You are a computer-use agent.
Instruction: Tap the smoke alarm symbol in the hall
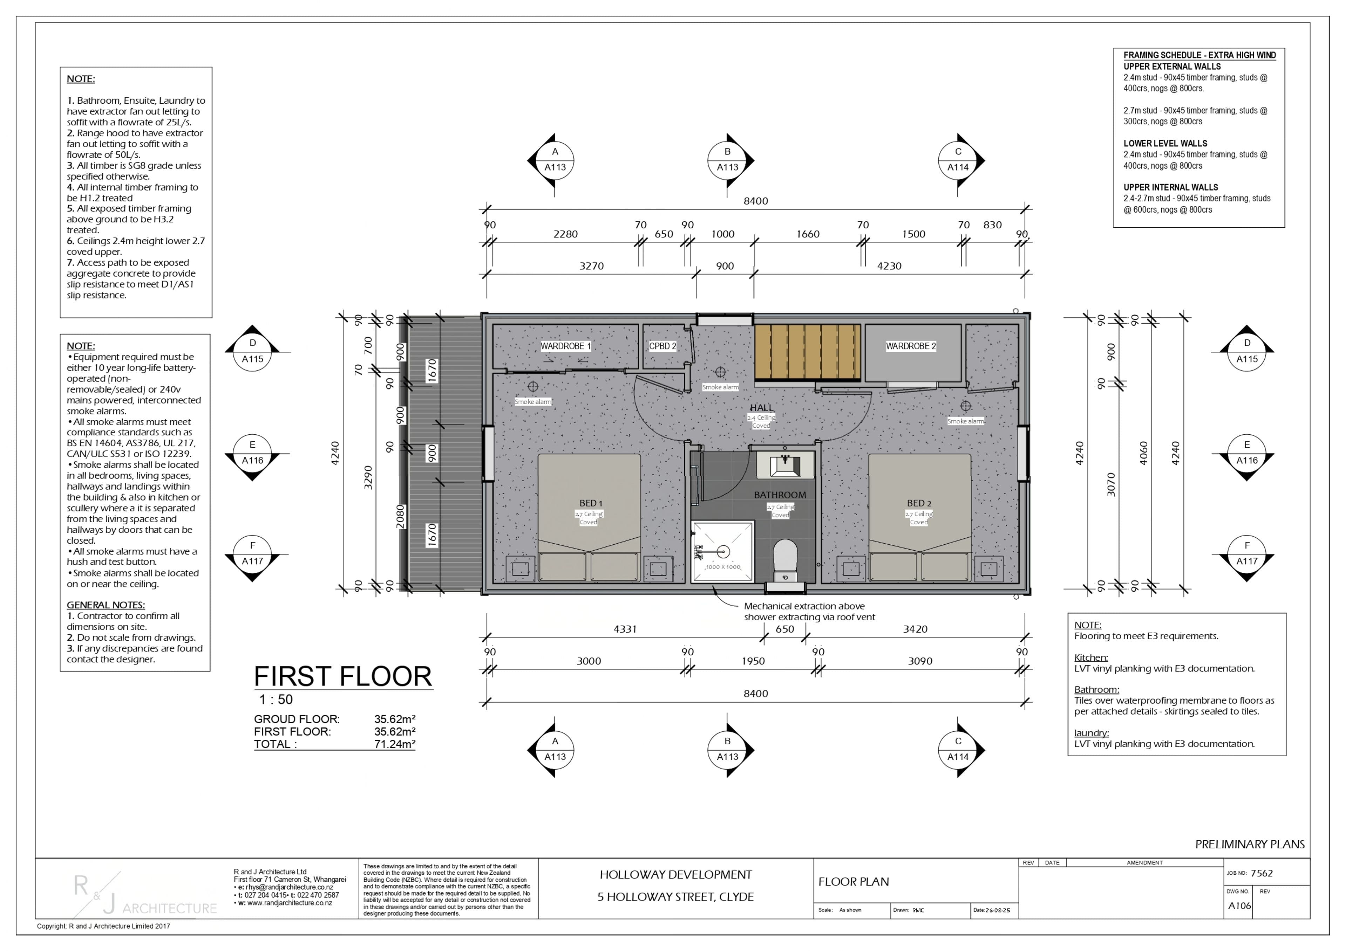(x=720, y=372)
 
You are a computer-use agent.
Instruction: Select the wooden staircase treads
(x=807, y=352)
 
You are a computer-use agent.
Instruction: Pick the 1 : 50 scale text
(x=276, y=700)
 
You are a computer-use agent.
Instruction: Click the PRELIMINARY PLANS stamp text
(x=1250, y=845)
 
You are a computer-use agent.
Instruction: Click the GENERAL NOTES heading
(x=106, y=605)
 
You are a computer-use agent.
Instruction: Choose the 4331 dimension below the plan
(x=625, y=629)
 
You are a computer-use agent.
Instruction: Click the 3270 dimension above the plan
(x=592, y=266)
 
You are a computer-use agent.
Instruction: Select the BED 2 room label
(x=919, y=503)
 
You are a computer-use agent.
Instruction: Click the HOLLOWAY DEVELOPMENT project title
(x=675, y=875)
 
